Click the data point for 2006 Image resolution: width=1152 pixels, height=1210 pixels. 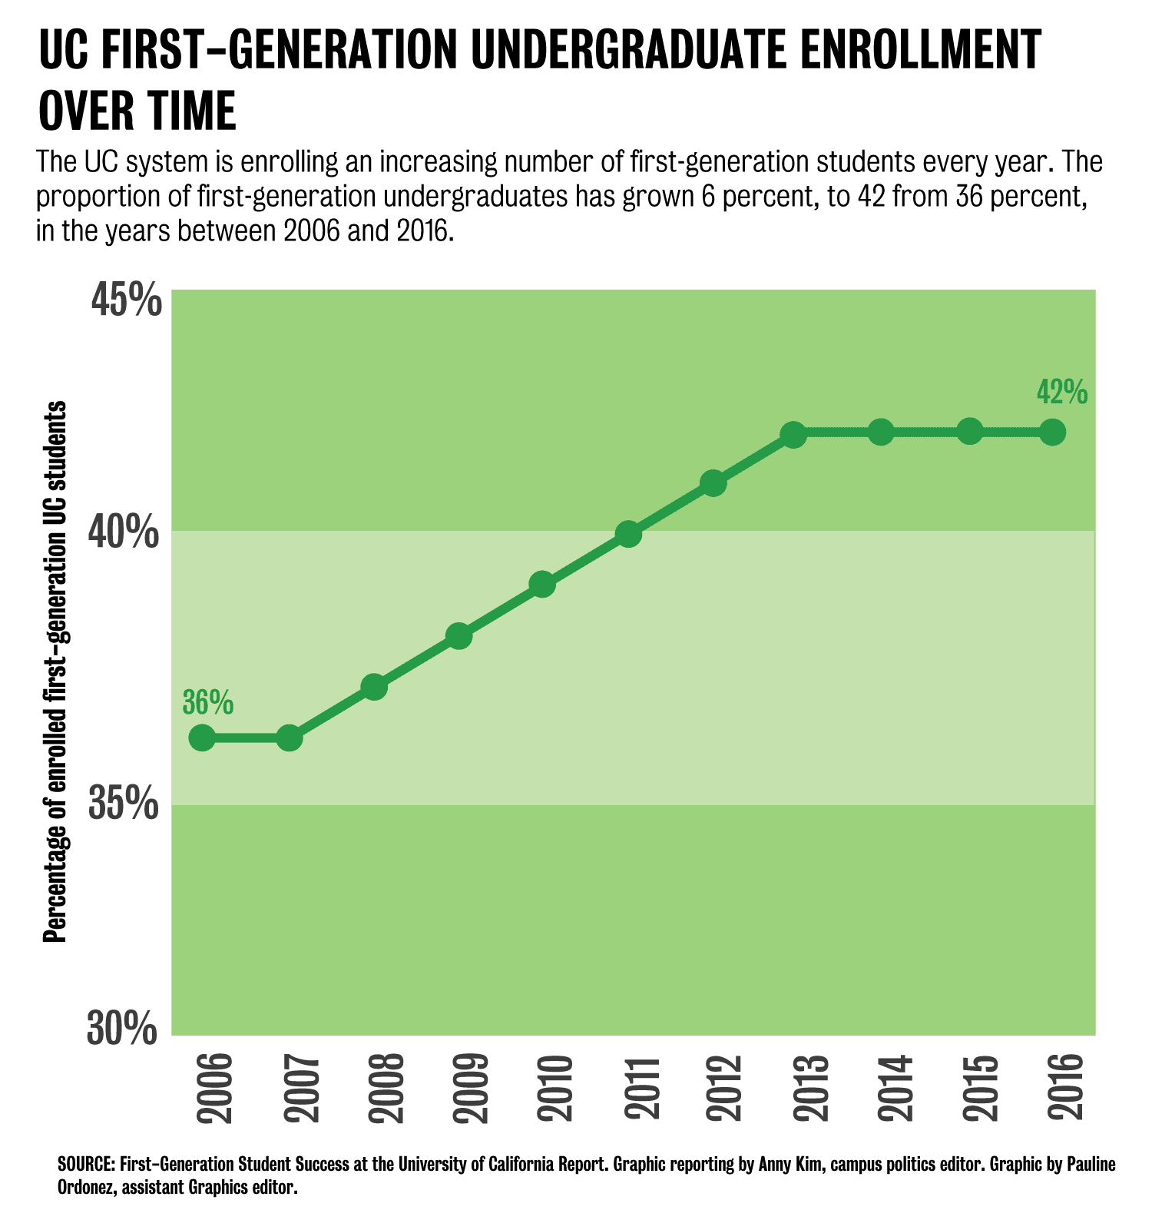click(x=202, y=738)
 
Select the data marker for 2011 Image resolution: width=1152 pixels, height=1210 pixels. click(x=628, y=534)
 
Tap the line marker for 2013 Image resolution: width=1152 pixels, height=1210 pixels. click(x=793, y=434)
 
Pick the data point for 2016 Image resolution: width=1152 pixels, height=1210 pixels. click(x=1052, y=433)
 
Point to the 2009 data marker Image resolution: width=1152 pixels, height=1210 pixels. click(x=458, y=636)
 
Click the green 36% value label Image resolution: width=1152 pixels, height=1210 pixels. click(x=208, y=701)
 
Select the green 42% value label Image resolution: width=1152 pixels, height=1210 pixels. click(x=1062, y=392)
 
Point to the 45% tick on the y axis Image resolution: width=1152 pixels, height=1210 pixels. click(x=127, y=300)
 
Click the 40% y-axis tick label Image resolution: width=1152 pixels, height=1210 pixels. click(x=127, y=532)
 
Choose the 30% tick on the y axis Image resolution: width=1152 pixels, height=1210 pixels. click(x=123, y=1029)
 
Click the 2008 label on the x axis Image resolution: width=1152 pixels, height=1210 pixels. click(x=384, y=1089)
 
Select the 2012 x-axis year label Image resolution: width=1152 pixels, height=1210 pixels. click(x=723, y=1089)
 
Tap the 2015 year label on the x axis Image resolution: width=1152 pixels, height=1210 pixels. click(x=980, y=1089)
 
